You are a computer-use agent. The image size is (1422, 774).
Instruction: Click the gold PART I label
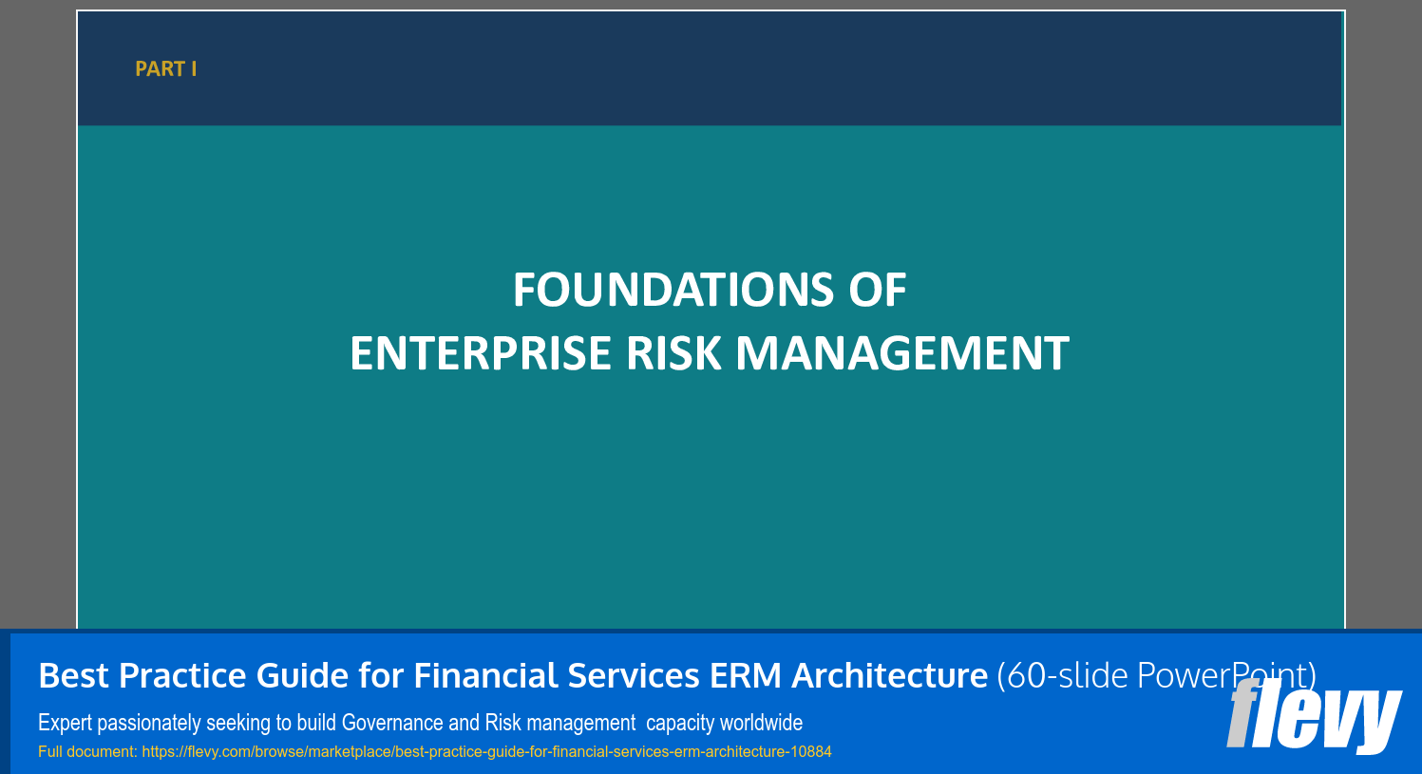click(x=165, y=68)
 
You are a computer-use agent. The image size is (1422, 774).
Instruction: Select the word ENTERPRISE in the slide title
click(x=481, y=353)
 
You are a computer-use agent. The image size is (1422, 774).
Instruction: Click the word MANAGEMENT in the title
click(x=901, y=353)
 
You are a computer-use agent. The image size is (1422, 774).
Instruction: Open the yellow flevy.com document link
click(x=486, y=752)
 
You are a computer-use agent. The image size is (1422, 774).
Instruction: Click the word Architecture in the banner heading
click(x=889, y=676)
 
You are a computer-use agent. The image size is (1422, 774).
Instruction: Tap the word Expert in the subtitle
click(x=65, y=724)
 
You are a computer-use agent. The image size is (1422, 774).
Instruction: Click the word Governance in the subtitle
click(x=392, y=724)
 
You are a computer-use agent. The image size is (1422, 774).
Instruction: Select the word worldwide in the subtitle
click(x=761, y=724)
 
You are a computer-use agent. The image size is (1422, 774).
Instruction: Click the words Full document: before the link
click(x=87, y=752)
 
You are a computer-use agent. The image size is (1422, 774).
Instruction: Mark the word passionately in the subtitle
click(x=148, y=724)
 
